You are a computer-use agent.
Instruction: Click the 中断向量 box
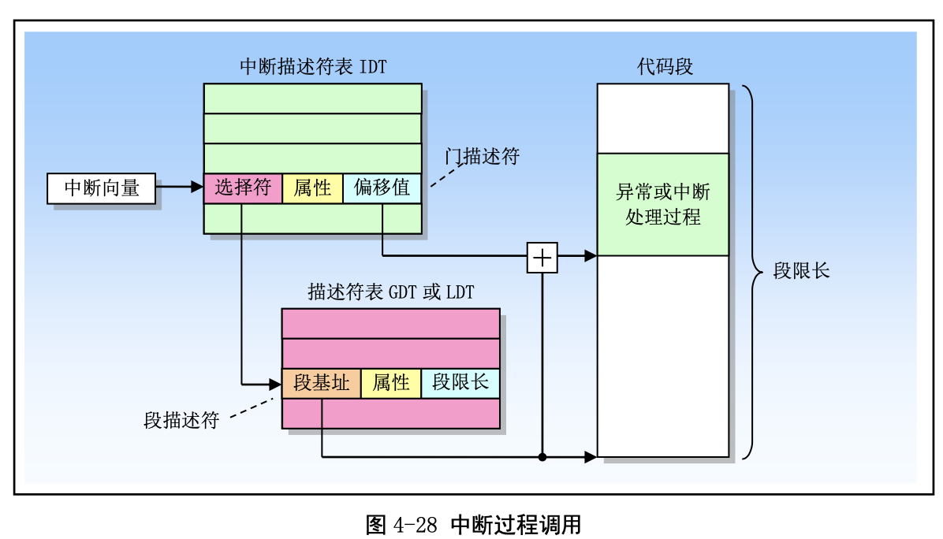click(102, 188)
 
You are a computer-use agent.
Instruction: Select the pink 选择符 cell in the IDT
click(243, 188)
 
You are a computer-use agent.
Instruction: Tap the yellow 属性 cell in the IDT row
click(312, 188)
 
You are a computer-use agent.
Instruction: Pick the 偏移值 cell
click(382, 188)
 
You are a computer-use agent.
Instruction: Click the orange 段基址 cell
click(322, 384)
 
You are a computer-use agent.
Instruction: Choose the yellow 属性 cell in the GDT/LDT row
click(391, 384)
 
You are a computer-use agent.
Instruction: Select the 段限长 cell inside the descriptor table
click(460, 384)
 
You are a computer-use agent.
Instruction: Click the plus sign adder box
click(542, 257)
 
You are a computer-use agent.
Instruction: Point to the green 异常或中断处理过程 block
click(662, 204)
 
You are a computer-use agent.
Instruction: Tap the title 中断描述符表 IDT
click(313, 66)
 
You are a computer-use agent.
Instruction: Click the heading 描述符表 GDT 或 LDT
click(390, 292)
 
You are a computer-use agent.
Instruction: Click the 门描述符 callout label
click(482, 156)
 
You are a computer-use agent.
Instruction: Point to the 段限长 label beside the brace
click(800, 272)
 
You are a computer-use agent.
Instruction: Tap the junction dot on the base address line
click(542, 457)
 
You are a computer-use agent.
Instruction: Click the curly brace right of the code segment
click(754, 272)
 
